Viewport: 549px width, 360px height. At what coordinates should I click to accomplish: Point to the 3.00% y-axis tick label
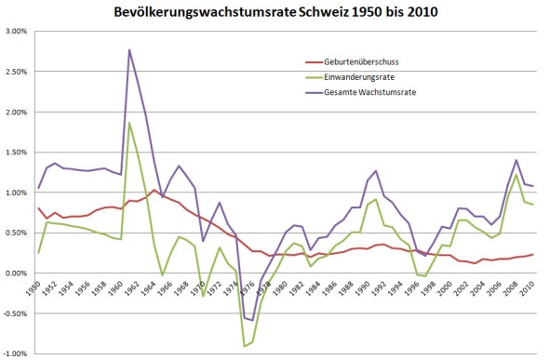tap(15, 31)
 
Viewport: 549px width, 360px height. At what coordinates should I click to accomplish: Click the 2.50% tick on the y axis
tap(15, 72)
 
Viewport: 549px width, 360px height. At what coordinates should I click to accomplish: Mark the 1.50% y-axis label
tap(15, 152)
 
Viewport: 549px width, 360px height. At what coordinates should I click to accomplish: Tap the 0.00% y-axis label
tap(15, 273)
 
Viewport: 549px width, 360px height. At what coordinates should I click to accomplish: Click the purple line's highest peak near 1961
tap(129, 49)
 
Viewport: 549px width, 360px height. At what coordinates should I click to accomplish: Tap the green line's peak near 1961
tap(129, 123)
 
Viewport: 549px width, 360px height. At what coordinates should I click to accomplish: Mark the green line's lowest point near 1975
tap(244, 346)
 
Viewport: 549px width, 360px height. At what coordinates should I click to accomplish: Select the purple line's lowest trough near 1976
tap(251, 320)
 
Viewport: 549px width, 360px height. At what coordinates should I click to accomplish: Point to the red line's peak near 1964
tap(154, 190)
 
